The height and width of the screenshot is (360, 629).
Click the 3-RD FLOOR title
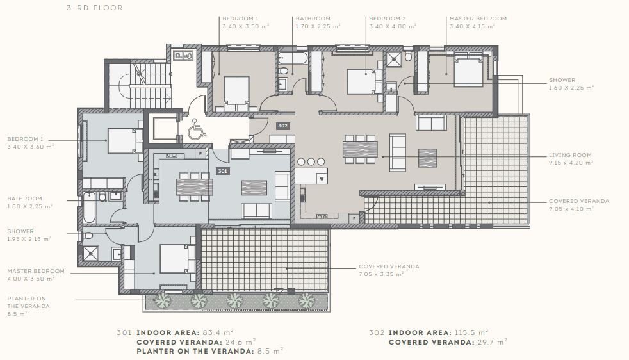(95, 8)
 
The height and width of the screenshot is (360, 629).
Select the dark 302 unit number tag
(283, 126)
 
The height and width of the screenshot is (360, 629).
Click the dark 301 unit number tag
(223, 171)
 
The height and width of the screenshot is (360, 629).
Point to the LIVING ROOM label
(570, 155)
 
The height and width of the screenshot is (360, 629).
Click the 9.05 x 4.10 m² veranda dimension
(571, 209)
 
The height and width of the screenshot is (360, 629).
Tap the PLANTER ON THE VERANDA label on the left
(28, 302)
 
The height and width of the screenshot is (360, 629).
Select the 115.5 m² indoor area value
(471, 332)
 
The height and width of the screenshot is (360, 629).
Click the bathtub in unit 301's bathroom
(89, 208)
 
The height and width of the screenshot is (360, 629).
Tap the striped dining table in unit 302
(360, 149)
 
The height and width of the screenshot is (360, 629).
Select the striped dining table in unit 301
(195, 186)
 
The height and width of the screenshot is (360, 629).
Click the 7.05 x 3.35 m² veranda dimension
(381, 275)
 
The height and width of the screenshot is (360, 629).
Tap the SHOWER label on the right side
(562, 80)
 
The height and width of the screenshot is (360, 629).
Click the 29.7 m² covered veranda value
(492, 342)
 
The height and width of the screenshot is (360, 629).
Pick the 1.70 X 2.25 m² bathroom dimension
(318, 26)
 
